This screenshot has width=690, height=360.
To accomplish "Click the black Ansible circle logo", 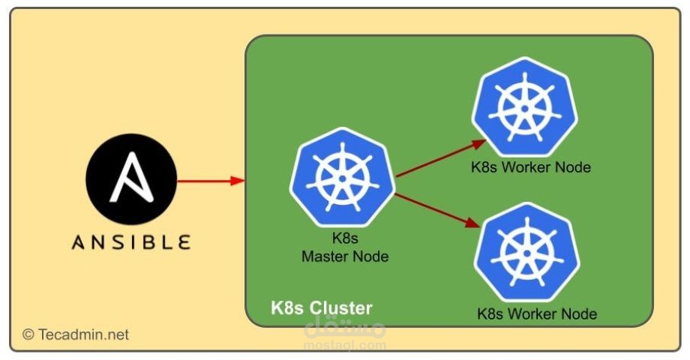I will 131,181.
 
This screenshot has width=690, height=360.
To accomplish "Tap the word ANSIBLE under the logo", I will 131,242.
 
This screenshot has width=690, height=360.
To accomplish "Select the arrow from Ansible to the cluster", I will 210,181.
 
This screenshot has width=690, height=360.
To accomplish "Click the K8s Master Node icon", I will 343,175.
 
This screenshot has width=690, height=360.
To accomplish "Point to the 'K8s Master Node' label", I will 345,247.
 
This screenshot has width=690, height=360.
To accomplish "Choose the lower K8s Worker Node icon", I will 527,248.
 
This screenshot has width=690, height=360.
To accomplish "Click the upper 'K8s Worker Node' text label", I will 531,166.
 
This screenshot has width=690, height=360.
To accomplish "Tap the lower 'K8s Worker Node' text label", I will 537,313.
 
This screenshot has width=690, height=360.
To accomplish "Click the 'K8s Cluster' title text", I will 321,308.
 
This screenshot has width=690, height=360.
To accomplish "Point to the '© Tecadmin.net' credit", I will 76,334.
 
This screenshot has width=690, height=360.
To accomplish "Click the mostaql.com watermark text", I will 345,346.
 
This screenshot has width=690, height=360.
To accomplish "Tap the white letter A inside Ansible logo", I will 132,180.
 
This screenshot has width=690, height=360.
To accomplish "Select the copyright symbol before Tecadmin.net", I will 28,334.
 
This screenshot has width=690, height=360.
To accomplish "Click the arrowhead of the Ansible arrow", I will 238,181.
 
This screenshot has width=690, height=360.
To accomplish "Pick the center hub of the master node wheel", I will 343,177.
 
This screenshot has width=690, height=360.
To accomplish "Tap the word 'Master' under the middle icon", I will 325,256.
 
